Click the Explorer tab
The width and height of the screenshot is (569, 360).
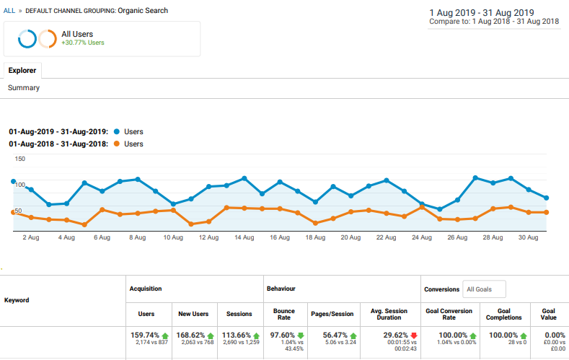[x=22, y=71]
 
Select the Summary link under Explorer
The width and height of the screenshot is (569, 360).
[x=24, y=88]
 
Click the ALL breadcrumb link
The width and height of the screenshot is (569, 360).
[x=9, y=11]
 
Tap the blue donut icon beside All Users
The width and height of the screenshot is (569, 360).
[x=27, y=39]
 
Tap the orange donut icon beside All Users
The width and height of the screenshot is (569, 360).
[x=48, y=39]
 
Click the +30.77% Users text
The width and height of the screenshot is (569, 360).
[x=83, y=43]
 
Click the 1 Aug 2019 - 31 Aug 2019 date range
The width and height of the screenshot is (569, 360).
[x=482, y=13]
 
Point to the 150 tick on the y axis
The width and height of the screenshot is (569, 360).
[x=20, y=159]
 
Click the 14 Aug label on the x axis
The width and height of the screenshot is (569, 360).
[x=244, y=237]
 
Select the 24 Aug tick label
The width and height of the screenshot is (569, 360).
[x=422, y=237]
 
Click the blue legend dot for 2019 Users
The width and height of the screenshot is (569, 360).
[x=117, y=131]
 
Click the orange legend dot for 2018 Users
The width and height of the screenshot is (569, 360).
[x=117, y=144]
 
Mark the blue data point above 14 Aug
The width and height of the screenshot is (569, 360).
[x=244, y=178]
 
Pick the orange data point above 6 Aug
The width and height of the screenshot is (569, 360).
[x=102, y=210]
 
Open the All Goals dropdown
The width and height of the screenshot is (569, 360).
[x=484, y=289]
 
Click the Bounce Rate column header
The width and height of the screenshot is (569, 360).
[x=283, y=315]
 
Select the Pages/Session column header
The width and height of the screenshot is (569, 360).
[x=332, y=314]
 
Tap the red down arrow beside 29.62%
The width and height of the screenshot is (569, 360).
[x=414, y=335]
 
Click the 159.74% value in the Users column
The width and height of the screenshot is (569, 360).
[x=145, y=335]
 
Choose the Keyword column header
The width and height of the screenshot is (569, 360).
[x=17, y=300]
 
